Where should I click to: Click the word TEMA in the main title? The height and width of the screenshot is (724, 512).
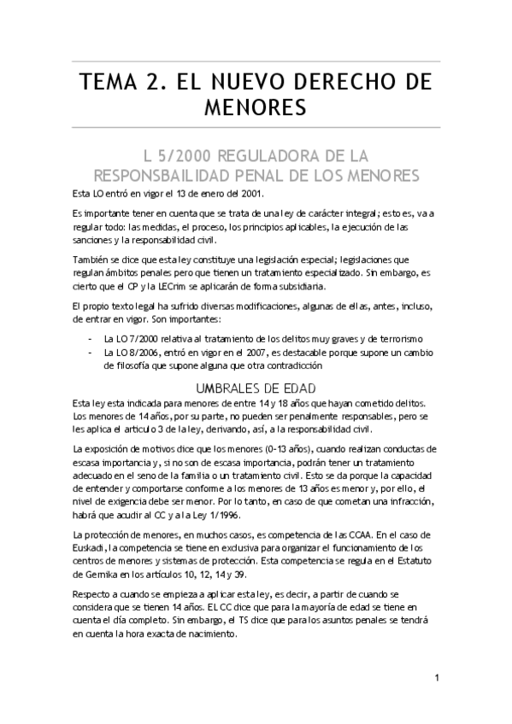point(109,83)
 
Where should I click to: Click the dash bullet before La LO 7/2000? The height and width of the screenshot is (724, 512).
point(91,339)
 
